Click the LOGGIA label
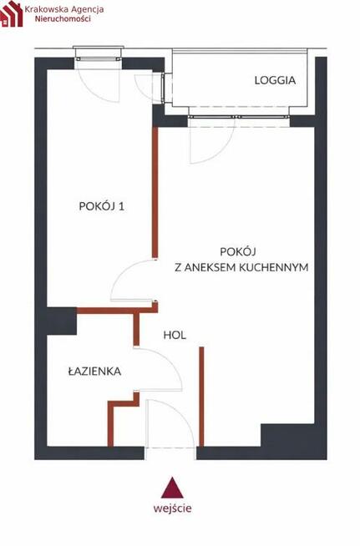tap(275, 81)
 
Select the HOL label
tap(175, 336)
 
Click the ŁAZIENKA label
tap(95, 372)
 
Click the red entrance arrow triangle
tap(172, 488)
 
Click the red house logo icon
tap(11, 14)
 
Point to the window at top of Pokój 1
tap(99, 55)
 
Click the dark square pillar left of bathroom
tap(61, 321)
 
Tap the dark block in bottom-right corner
tap(288, 438)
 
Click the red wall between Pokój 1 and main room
tap(155, 192)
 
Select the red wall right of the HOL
tap(201, 397)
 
